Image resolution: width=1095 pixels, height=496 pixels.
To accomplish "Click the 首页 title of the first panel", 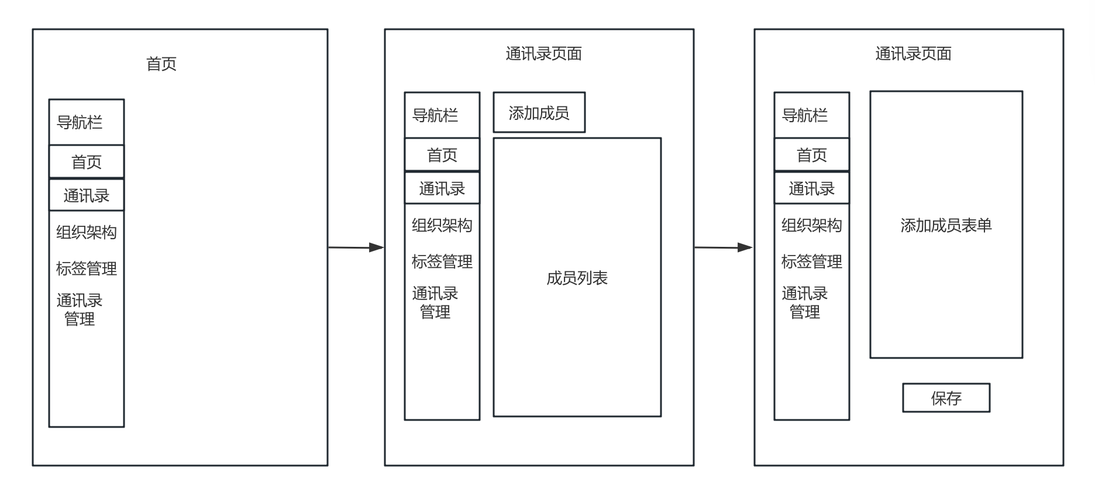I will click(161, 64).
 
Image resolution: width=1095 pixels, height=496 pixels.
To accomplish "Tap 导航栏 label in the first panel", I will click(80, 122).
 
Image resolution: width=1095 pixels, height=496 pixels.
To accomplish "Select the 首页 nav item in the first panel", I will click(87, 162).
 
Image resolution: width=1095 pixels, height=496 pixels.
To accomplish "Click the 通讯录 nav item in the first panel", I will click(87, 195).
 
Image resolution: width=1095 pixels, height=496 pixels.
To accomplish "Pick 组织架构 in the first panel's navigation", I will click(87, 232).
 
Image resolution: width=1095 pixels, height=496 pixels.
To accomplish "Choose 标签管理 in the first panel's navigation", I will click(87, 268).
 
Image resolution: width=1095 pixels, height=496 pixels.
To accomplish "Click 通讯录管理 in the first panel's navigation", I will click(80, 309).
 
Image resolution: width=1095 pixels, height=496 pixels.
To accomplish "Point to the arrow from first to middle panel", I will click(356, 247).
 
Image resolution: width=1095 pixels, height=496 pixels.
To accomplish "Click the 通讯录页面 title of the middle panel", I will click(543, 54).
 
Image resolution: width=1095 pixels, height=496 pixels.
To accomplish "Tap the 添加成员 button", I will click(539, 113).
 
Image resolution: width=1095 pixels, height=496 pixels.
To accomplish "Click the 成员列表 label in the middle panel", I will click(577, 278).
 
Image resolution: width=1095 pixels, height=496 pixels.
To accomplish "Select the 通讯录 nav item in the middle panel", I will click(442, 188).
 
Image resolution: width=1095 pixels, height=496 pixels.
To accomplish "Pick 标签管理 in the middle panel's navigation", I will click(442, 261).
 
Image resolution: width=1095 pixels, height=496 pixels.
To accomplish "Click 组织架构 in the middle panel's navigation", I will click(442, 225).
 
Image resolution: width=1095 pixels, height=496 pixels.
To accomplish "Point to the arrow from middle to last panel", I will click(724, 247).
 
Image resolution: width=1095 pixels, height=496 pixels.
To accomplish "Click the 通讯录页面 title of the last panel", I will click(913, 54).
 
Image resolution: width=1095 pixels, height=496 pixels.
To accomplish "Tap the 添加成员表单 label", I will click(946, 225).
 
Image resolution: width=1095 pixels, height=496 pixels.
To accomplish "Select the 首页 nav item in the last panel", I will click(812, 155).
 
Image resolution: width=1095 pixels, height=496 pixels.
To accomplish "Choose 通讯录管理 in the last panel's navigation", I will click(805, 302).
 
